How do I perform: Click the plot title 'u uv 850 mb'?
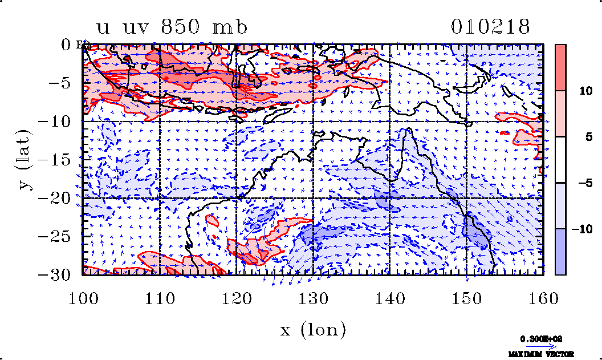coord(172,27)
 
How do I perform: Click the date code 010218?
coord(490,27)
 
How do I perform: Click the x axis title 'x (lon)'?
coord(313,329)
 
